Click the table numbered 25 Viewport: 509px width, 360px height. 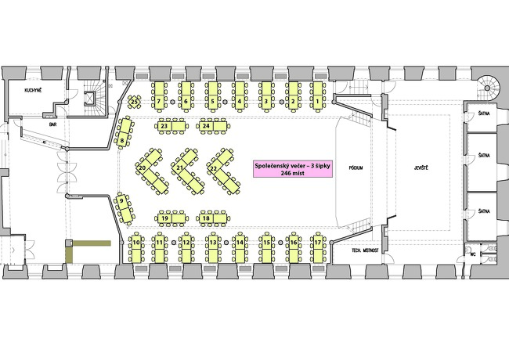tap(134, 103)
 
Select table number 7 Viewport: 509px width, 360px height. tap(159, 96)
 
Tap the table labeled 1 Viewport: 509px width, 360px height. tap(317, 96)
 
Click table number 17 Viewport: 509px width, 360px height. tap(318, 248)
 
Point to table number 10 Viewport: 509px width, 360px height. tap(136, 248)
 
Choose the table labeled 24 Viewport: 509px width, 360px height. tap(213, 126)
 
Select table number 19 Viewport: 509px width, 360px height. tap(171, 218)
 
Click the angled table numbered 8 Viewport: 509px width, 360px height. tap(124, 133)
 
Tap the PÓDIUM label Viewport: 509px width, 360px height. tap(356, 167)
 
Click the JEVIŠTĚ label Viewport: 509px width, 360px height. tap(421, 167)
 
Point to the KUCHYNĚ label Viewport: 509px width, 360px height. tap(33, 90)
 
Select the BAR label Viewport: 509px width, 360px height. tap(53, 124)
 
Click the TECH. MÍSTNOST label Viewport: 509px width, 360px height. tap(365, 250)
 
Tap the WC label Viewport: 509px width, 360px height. tap(473, 254)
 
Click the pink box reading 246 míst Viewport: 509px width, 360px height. tap(293, 169)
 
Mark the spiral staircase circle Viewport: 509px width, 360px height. tap(487, 88)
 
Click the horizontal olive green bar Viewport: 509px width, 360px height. tap(92, 243)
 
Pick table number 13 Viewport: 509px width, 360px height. tap(213, 248)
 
